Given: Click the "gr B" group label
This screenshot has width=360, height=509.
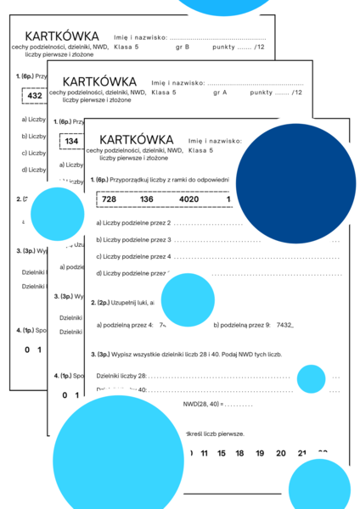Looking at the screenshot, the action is pos(183,48).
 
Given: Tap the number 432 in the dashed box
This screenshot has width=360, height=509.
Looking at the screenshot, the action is pos(35,96).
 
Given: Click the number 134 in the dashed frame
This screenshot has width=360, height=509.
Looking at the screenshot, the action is pos(72,141).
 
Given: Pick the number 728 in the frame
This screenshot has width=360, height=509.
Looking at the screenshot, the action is pos(114,199).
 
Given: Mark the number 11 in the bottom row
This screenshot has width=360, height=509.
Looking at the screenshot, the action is pos(203,453).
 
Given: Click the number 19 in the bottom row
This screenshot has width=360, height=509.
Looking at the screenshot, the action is pos(262,453).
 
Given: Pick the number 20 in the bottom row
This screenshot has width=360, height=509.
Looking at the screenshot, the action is pos(281,453).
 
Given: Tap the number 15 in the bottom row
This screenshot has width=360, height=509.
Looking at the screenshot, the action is pos(222,453).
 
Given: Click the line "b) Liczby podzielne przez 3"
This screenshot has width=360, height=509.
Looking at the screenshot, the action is pos(134,240).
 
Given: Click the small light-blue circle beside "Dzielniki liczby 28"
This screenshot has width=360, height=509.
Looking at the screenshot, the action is pos(312,378).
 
